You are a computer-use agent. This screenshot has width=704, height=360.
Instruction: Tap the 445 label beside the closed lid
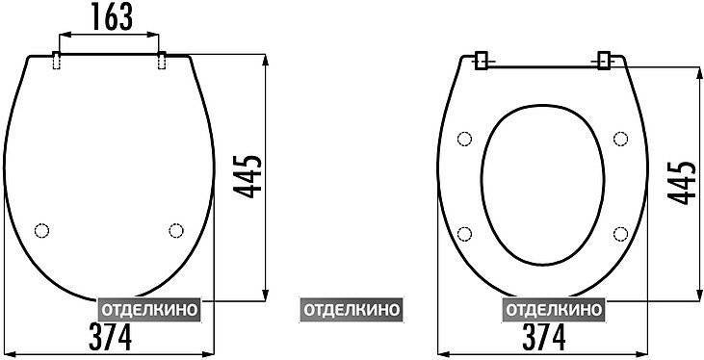(247, 176)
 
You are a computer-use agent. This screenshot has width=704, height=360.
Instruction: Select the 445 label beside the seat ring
(681, 182)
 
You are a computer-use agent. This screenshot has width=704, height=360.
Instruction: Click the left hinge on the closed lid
(57, 60)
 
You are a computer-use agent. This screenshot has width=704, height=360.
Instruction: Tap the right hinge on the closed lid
(162, 60)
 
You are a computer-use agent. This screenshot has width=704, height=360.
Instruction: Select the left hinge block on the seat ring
(481, 61)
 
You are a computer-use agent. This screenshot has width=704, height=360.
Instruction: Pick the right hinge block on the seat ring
(604, 61)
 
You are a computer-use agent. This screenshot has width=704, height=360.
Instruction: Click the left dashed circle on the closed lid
(41, 230)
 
